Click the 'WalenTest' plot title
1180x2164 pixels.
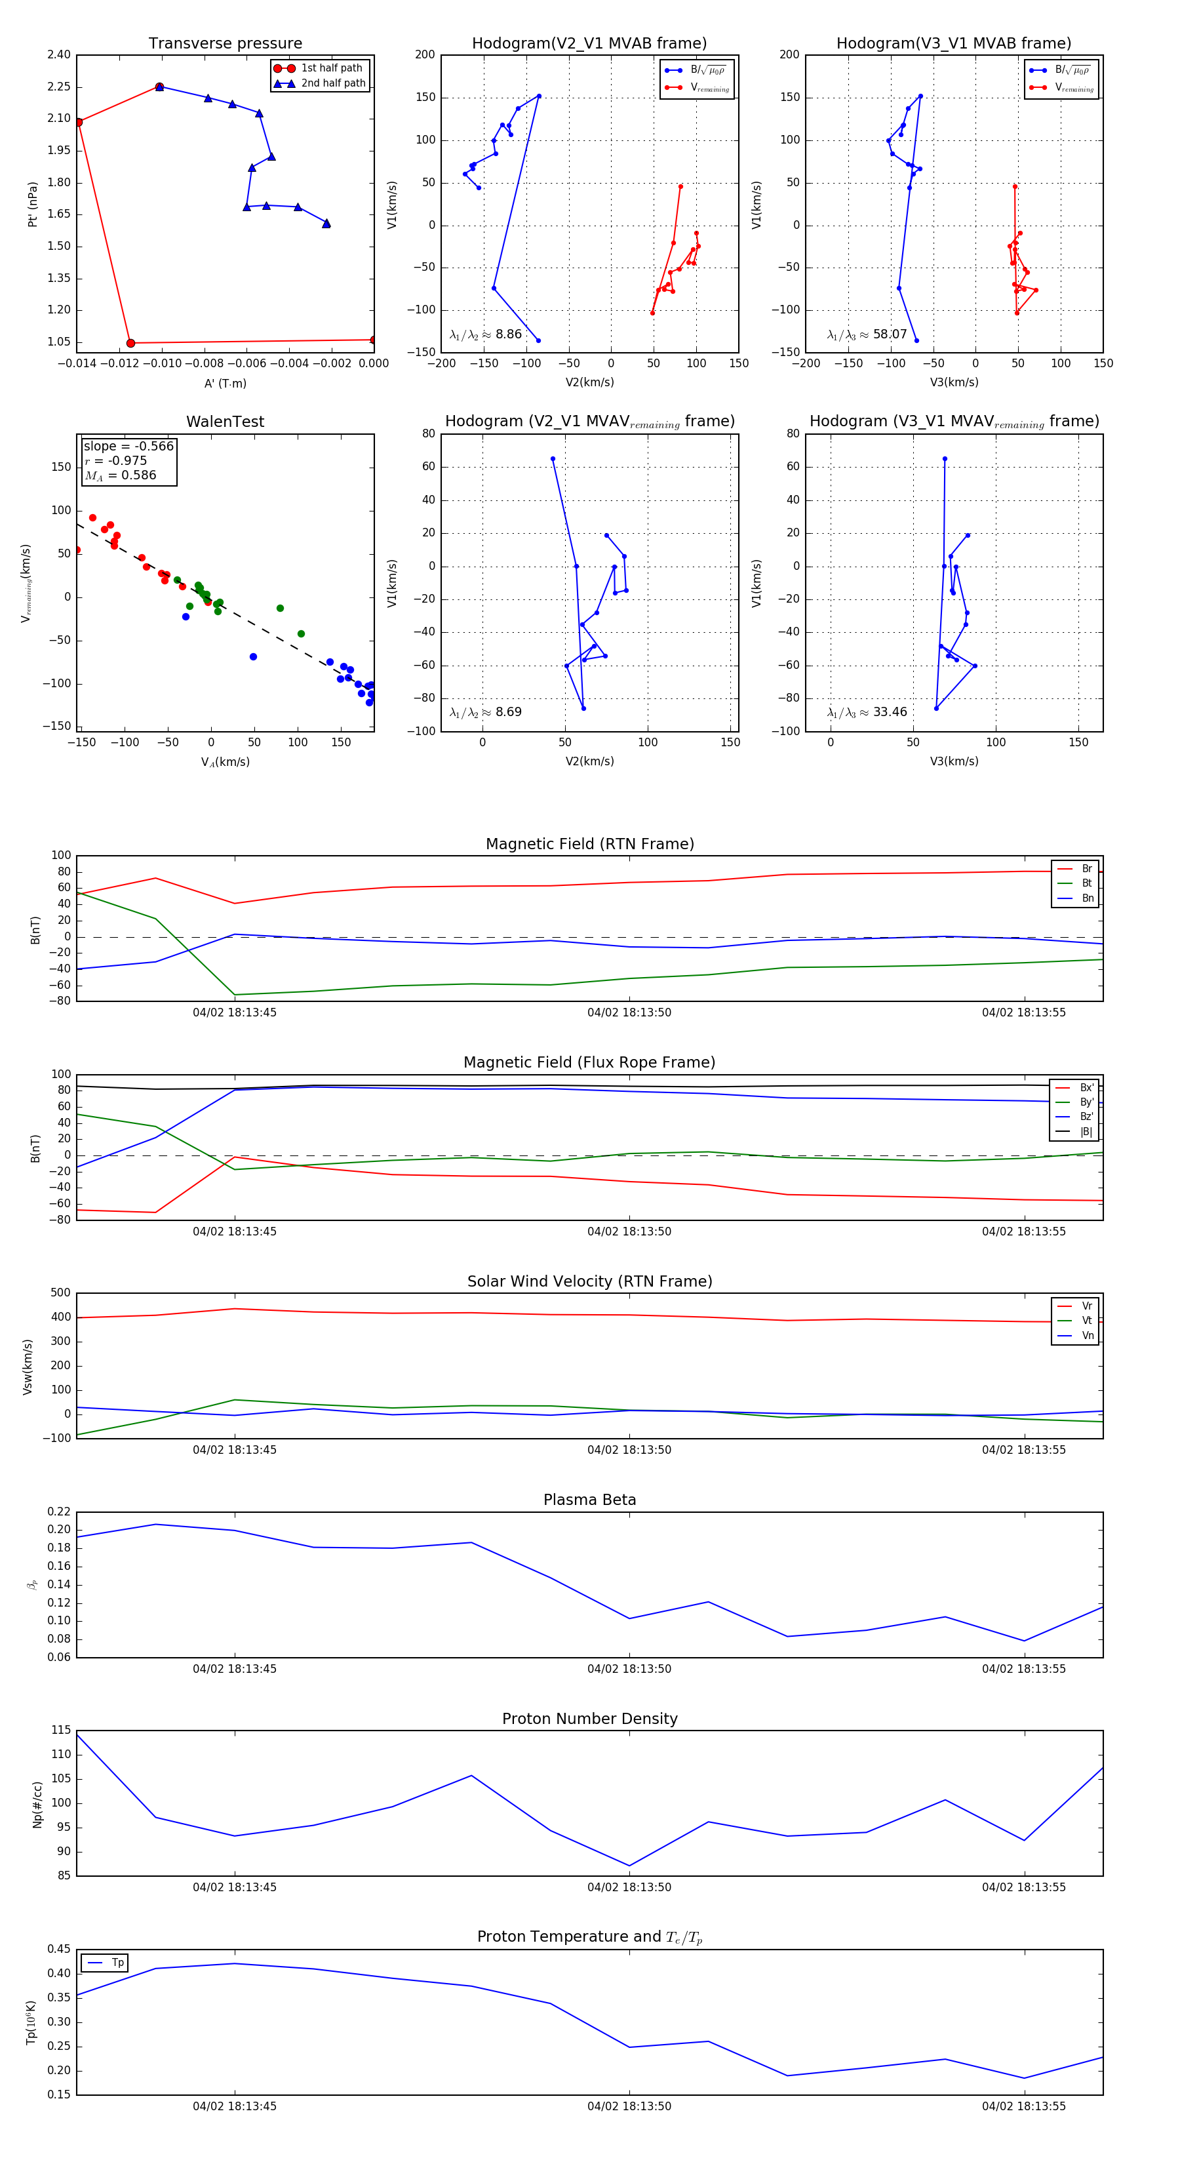[x=225, y=422]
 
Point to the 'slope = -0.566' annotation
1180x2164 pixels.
[x=128, y=446]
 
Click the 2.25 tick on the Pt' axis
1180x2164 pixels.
[x=59, y=87]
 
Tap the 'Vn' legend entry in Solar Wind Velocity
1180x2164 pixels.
[x=1088, y=1336]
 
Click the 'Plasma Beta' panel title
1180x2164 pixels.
[x=589, y=1500]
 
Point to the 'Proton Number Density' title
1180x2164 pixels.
[x=589, y=1719]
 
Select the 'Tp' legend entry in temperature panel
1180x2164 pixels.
[x=117, y=1963]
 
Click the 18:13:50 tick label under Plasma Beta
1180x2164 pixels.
[x=629, y=1669]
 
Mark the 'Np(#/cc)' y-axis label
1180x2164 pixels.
[x=37, y=1805]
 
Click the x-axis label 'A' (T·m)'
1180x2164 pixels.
[x=225, y=383]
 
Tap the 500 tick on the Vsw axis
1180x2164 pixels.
[x=60, y=1293]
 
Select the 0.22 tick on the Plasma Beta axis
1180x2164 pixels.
[x=59, y=1512]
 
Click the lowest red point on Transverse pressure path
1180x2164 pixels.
[x=130, y=343]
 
